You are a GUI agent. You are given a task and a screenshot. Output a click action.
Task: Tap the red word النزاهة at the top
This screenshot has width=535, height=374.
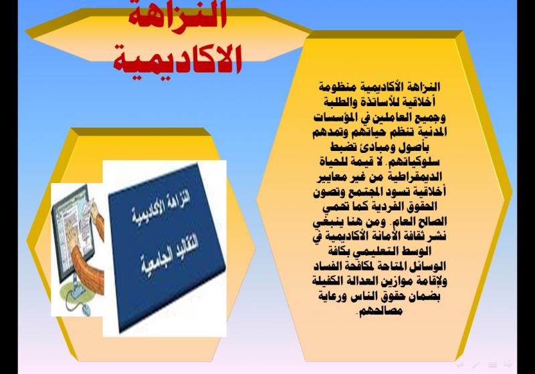click(x=177, y=17)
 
